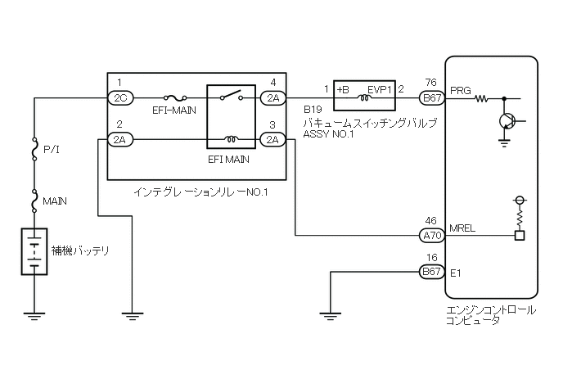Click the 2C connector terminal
[120, 97]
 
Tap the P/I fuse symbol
[35, 148]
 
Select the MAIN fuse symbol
[35, 201]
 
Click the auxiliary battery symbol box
[34, 251]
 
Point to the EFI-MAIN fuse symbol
[174, 97]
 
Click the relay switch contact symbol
[232, 95]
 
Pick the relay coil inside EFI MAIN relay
[232, 139]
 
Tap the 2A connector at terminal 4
[272, 97]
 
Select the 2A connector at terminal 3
[272, 139]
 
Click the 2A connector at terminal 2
[120, 139]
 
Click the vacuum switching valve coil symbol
[363, 97]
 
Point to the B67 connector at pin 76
[432, 97]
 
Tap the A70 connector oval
[432, 236]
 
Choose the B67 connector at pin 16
[432, 271]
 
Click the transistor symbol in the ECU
[507, 121]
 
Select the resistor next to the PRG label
[481, 98]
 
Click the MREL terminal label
[462, 228]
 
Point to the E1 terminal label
[455, 273]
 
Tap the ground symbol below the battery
[34, 316]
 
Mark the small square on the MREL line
[520, 236]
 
